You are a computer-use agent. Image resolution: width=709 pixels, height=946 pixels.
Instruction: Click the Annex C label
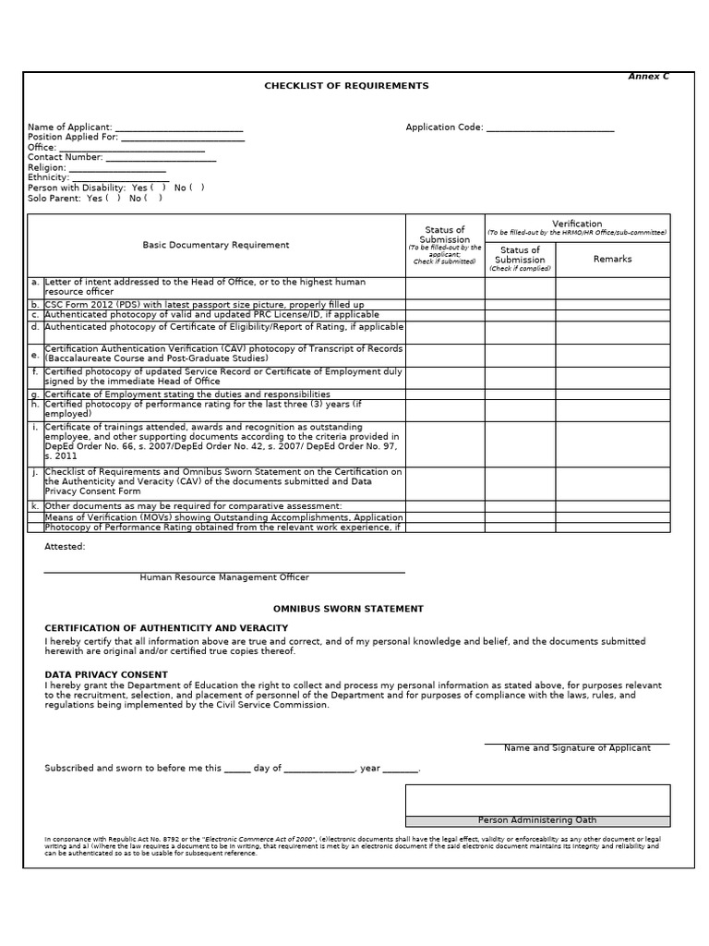[x=648, y=77]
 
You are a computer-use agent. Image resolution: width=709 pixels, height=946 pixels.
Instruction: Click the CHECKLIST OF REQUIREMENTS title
[x=346, y=86]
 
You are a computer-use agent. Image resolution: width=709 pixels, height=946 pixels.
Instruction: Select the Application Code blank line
[x=550, y=128]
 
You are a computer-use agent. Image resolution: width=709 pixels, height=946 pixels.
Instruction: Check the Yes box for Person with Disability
[x=158, y=188]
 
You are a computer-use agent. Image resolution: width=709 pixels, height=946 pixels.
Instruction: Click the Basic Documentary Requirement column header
[x=215, y=245]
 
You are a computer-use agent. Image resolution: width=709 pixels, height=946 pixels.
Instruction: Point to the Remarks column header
[x=612, y=260]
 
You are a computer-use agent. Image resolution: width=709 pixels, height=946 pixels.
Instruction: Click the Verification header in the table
[x=577, y=224]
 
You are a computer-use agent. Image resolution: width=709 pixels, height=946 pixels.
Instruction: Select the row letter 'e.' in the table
[x=35, y=355]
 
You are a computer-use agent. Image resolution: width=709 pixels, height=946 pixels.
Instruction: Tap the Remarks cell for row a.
[x=612, y=287]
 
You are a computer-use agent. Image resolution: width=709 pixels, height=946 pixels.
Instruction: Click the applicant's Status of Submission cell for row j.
[x=445, y=483]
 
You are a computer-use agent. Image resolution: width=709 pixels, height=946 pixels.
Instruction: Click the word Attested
[x=65, y=547]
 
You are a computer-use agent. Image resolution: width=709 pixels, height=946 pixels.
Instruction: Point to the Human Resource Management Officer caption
[x=224, y=577]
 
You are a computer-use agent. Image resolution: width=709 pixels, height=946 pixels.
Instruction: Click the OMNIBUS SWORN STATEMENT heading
[x=348, y=609]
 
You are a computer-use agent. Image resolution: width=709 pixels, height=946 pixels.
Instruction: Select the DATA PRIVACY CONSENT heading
[x=106, y=674]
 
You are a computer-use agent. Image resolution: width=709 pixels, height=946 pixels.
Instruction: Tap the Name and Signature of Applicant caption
[x=577, y=748]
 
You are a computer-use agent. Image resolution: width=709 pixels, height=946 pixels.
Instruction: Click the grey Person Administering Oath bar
[x=537, y=820]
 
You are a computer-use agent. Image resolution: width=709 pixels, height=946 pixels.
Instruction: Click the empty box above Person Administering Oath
[x=537, y=800]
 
